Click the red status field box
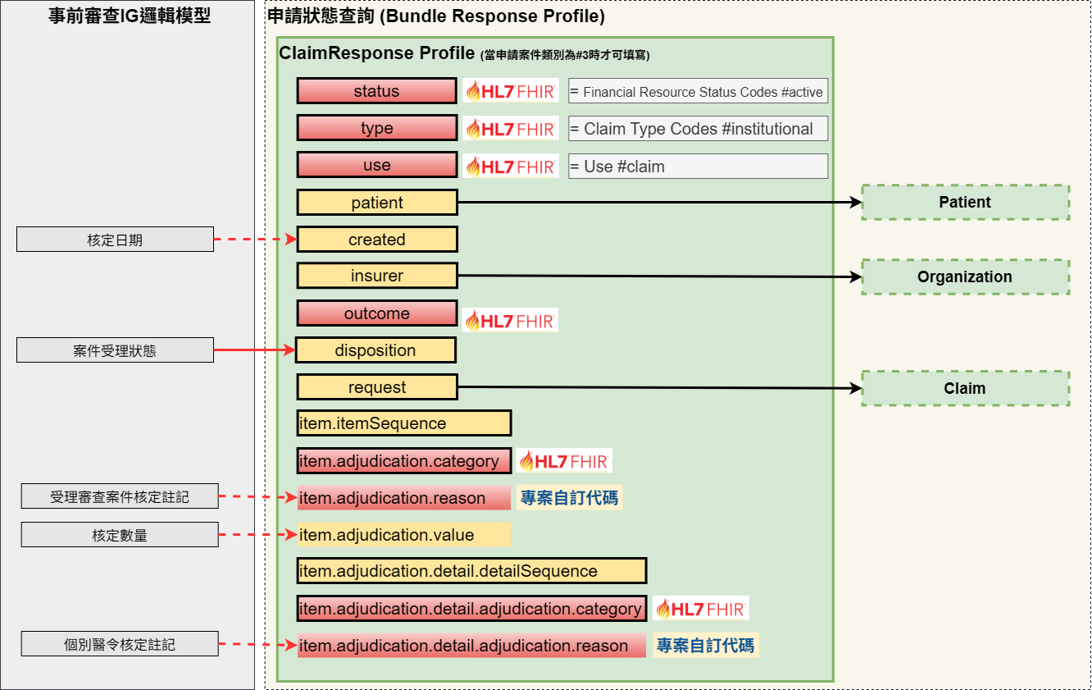click(376, 91)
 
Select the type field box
click(376, 128)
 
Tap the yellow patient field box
click(376, 203)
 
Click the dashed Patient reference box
click(965, 203)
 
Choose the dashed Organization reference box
click(965, 277)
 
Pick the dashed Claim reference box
click(965, 388)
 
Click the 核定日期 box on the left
click(115, 240)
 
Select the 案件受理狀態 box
click(115, 350)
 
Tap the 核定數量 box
click(120, 535)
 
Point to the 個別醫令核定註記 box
click(120, 645)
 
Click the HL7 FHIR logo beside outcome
click(510, 321)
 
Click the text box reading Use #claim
click(698, 167)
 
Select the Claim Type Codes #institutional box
click(698, 129)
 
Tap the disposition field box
click(375, 350)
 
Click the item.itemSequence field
click(404, 423)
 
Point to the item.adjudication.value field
click(404, 535)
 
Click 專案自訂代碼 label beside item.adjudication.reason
click(569, 498)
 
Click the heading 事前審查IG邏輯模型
click(130, 16)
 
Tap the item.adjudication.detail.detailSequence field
click(471, 571)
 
